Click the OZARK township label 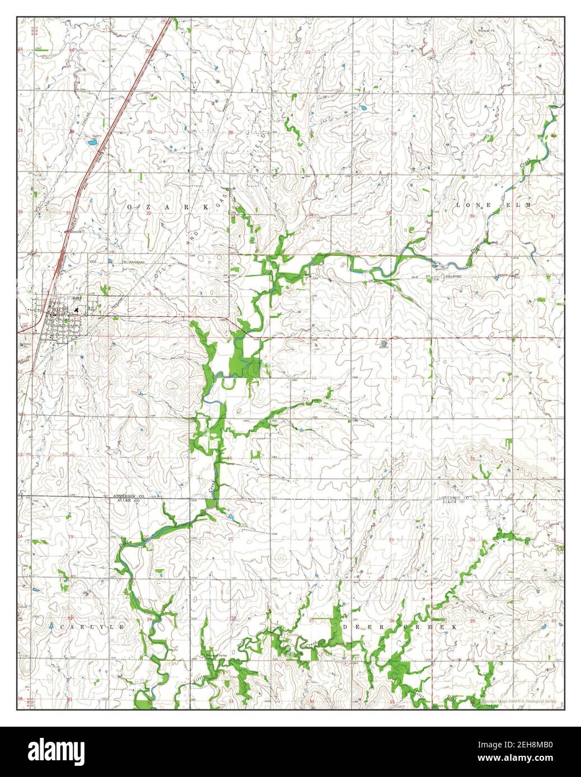[168, 206]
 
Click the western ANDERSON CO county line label [121, 497]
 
